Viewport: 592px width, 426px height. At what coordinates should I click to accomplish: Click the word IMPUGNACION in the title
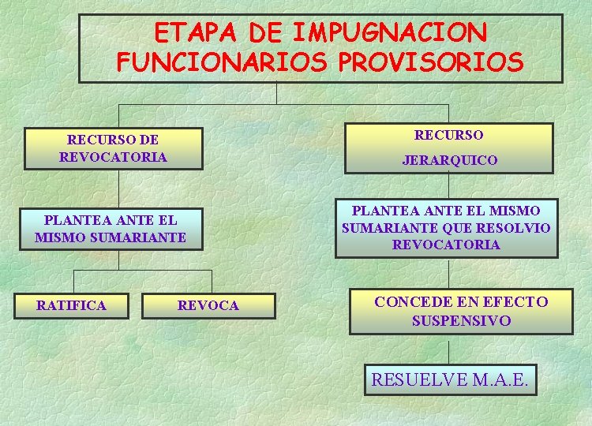tap(390, 33)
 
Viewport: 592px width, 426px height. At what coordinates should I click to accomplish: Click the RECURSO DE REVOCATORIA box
tap(113, 148)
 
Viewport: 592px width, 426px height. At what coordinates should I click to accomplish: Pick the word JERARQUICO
tap(450, 160)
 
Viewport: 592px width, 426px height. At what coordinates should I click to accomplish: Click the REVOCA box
tap(208, 305)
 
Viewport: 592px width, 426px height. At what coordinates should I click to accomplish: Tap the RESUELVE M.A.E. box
tap(450, 379)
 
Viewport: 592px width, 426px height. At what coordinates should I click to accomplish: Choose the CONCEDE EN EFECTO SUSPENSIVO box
tap(461, 311)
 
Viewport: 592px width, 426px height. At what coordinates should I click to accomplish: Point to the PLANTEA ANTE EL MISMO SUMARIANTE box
tap(111, 229)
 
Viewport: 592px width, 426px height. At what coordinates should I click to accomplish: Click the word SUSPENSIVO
tap(461, 321)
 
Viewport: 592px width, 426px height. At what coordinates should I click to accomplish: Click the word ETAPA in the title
tap(197, 33)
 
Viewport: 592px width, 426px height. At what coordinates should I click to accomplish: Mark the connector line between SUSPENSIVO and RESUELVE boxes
tap(449, 349)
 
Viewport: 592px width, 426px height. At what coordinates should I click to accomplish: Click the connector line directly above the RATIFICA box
tap(73, 282)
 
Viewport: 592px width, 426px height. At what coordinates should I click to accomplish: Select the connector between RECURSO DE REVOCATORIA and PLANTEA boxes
tap(119, 189)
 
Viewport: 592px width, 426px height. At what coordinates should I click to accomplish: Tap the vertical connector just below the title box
tap(277, 93)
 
